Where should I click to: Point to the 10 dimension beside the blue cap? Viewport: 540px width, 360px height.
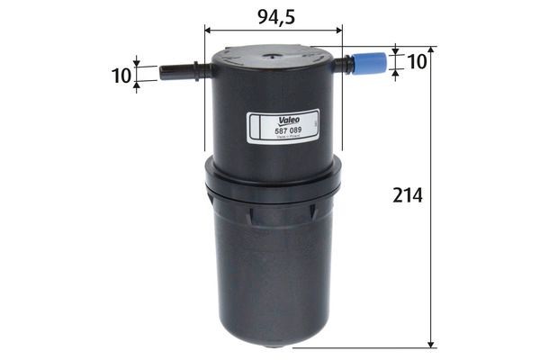pyautogui.click(x=417, y=61)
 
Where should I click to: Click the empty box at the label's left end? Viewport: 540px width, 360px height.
pyautogui.click(x=254, y=128)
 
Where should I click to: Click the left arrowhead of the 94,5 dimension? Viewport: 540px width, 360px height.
pyautogui.click(x=210, y=30)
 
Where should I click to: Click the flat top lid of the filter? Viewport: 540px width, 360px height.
pyautogui.click(x=274, y=56)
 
